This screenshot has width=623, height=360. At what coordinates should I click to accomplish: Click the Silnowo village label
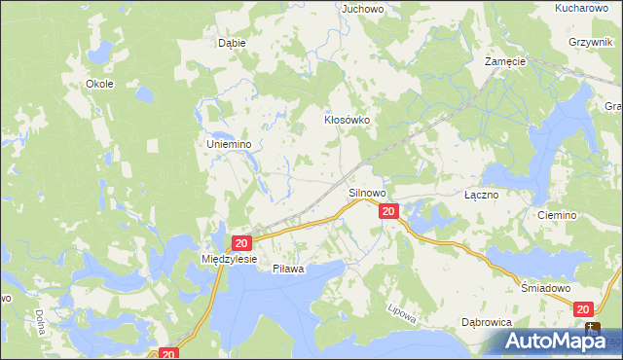click(368, 194)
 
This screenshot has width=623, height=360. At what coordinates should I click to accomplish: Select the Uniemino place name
click(230, 144)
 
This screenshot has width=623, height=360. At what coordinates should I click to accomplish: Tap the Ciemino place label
click(557, 215)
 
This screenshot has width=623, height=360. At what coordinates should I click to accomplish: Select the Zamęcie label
click(505, 60)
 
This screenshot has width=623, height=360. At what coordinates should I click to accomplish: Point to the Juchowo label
click(359, 8)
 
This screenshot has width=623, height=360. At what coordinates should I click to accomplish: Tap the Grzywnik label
click(592, 43)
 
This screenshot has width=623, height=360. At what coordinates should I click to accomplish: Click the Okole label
click(100, 84)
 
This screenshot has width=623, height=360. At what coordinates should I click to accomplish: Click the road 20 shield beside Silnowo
click(388, 211)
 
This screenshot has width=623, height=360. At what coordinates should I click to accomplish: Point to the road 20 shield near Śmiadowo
click(584, 308)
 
